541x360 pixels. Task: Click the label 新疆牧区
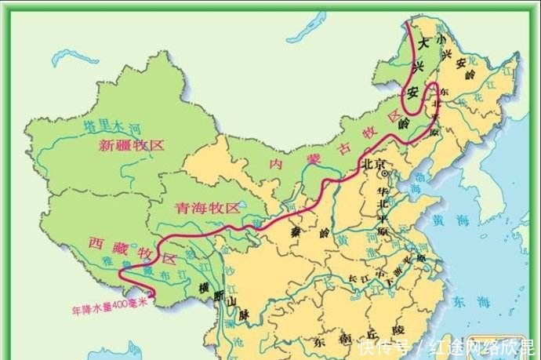[x=131, y=145]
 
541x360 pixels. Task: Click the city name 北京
[x=374, y=165]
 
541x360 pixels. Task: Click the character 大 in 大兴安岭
[x=421, y=45]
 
